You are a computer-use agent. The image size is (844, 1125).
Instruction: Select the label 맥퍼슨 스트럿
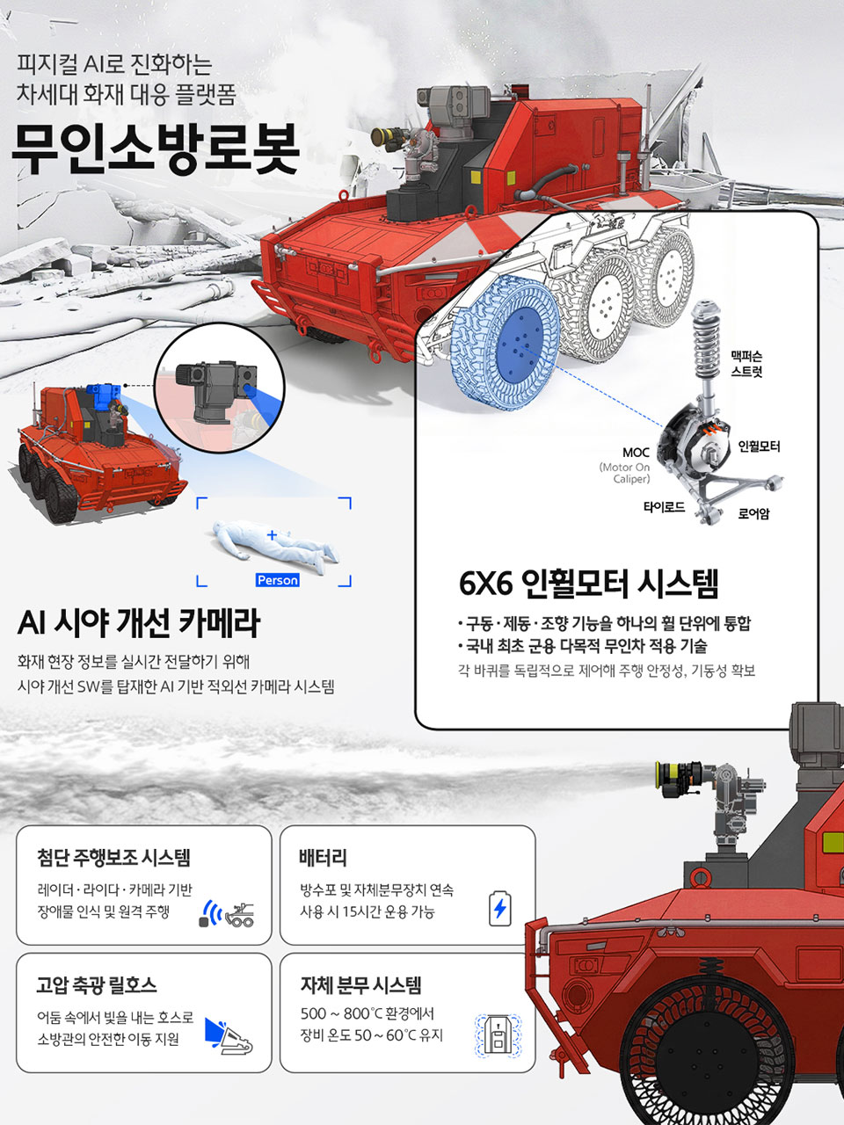[746, 364]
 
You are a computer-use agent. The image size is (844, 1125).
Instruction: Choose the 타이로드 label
[664, 507]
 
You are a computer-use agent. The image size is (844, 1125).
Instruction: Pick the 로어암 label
[753, 514]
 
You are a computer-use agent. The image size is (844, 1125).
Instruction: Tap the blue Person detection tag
[277, 580]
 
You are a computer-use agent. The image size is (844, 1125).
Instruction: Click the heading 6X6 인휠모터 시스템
[588, 583]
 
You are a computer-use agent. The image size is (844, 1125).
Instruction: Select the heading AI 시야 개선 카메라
[139, 623]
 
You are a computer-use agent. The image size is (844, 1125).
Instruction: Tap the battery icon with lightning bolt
[499, 908]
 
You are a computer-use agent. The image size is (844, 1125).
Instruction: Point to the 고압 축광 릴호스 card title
[97, 985]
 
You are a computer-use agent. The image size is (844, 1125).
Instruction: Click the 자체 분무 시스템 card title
[360, 985]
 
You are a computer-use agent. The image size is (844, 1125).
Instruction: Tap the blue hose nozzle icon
[228, 1037]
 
